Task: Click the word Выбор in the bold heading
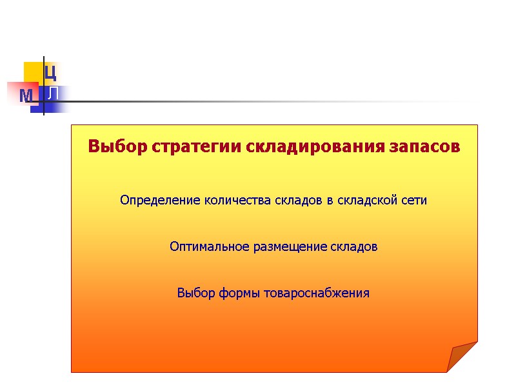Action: click(x=107, y=146)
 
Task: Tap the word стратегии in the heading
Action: click(x=163, y=147)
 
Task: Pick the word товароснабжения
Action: click(x=315, y=293)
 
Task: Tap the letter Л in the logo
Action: click(x=54, y=94)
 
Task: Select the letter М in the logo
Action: click(x=26, y=97)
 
